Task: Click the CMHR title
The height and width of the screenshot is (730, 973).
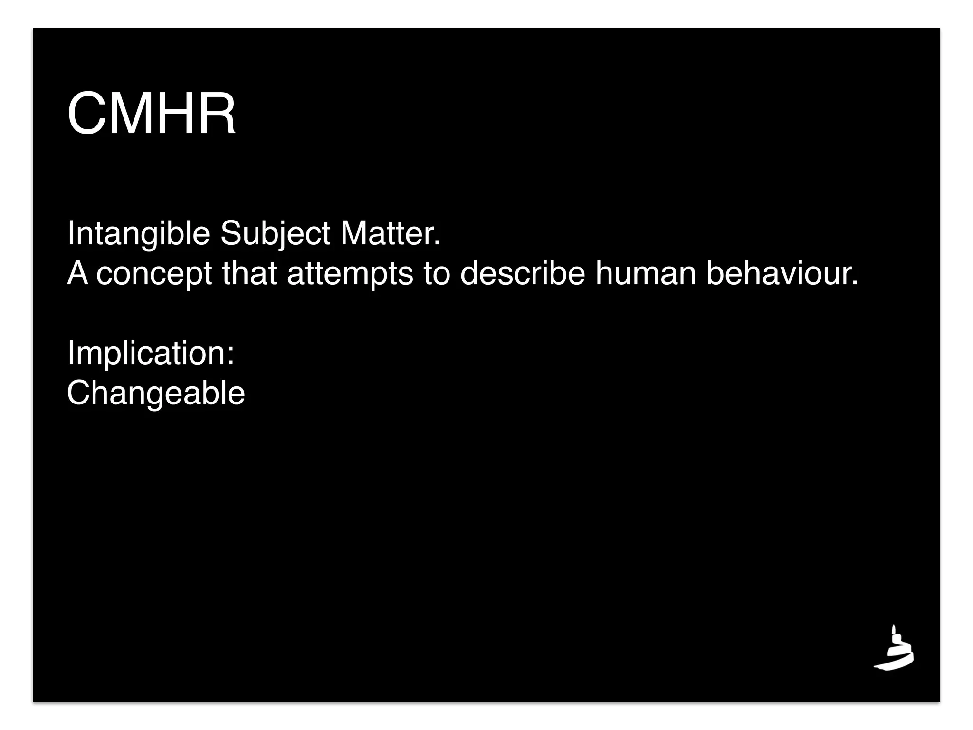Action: tap(152, 115)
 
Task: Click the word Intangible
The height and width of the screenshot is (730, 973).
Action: tap(138, 234)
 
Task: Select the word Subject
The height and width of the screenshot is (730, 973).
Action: tap(275, 234)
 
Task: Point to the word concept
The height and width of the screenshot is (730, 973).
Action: tap(154, 274)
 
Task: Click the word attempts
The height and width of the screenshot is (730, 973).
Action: tap(350, 274)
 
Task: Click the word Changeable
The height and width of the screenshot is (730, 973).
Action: tap(156, 393)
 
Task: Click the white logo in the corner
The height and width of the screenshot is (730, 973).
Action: tap(894, 648)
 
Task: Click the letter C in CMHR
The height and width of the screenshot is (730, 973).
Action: tap(86, 115)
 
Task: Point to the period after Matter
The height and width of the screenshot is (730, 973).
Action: tap(438, 244)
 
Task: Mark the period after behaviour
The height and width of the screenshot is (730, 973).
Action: tap(855, 284)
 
